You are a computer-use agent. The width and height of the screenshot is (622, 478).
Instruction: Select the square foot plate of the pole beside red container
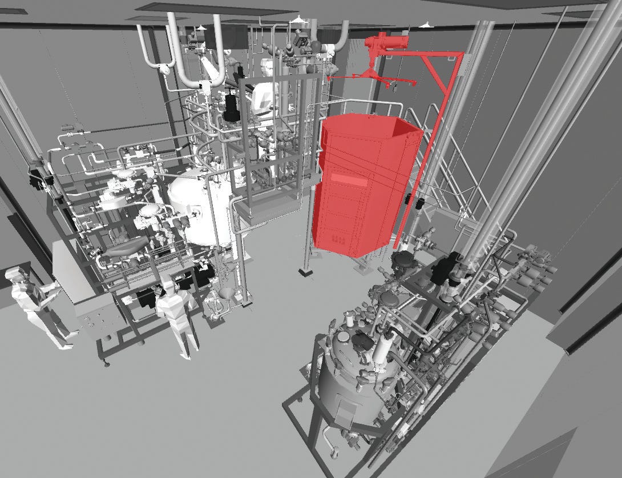pyautogui.click(x=306, y=272)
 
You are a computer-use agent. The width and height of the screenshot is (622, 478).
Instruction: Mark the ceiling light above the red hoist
pyautogui.click(x=425, y=25)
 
